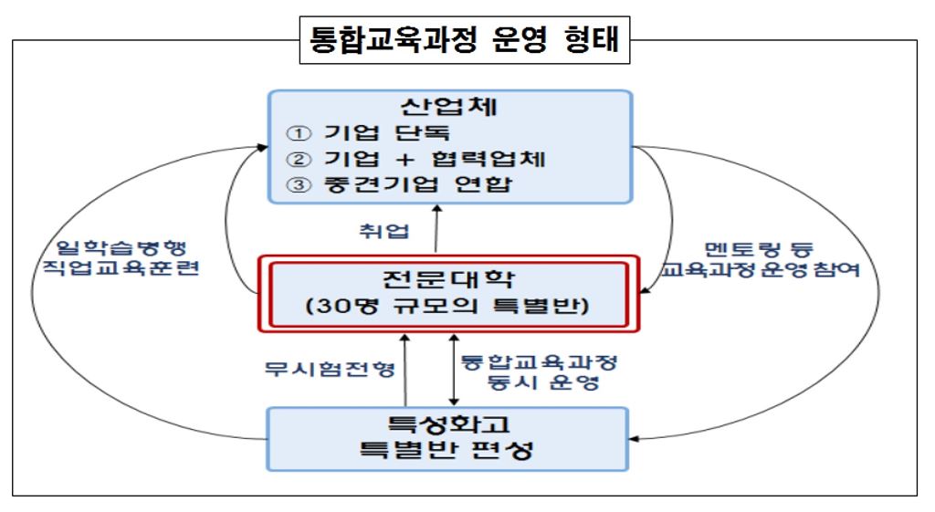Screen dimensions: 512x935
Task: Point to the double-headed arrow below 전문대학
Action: click(x=454, y=370)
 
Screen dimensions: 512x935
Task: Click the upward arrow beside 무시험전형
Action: click(x=403, y=370)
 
